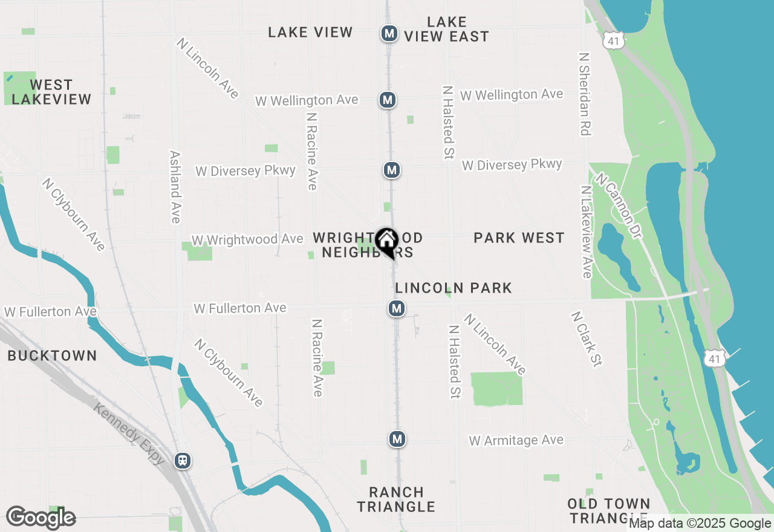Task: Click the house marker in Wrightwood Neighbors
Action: coord(386,241)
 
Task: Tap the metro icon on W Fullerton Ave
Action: coord(396,309)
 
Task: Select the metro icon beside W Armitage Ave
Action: coord(397,439)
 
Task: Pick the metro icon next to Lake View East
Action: coord(389,33)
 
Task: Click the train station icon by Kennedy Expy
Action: coord(182,461)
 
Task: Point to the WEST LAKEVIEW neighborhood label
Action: coord(51,92)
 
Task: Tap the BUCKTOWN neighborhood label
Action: coord(52,355)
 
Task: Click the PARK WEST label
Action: coord(519,238)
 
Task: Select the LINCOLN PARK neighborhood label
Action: coord(454,288)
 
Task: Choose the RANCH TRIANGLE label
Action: coord(396,499)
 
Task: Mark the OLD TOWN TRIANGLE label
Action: coord(609,511)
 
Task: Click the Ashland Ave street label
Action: coord(175,187)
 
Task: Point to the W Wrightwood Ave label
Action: coord(247,239)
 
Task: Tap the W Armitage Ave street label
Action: coord(516,440)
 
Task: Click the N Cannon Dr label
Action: coord(617,206)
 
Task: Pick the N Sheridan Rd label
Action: coord(584,94)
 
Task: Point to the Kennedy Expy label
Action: coord(129,433)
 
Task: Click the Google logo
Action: coord(41,517)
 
